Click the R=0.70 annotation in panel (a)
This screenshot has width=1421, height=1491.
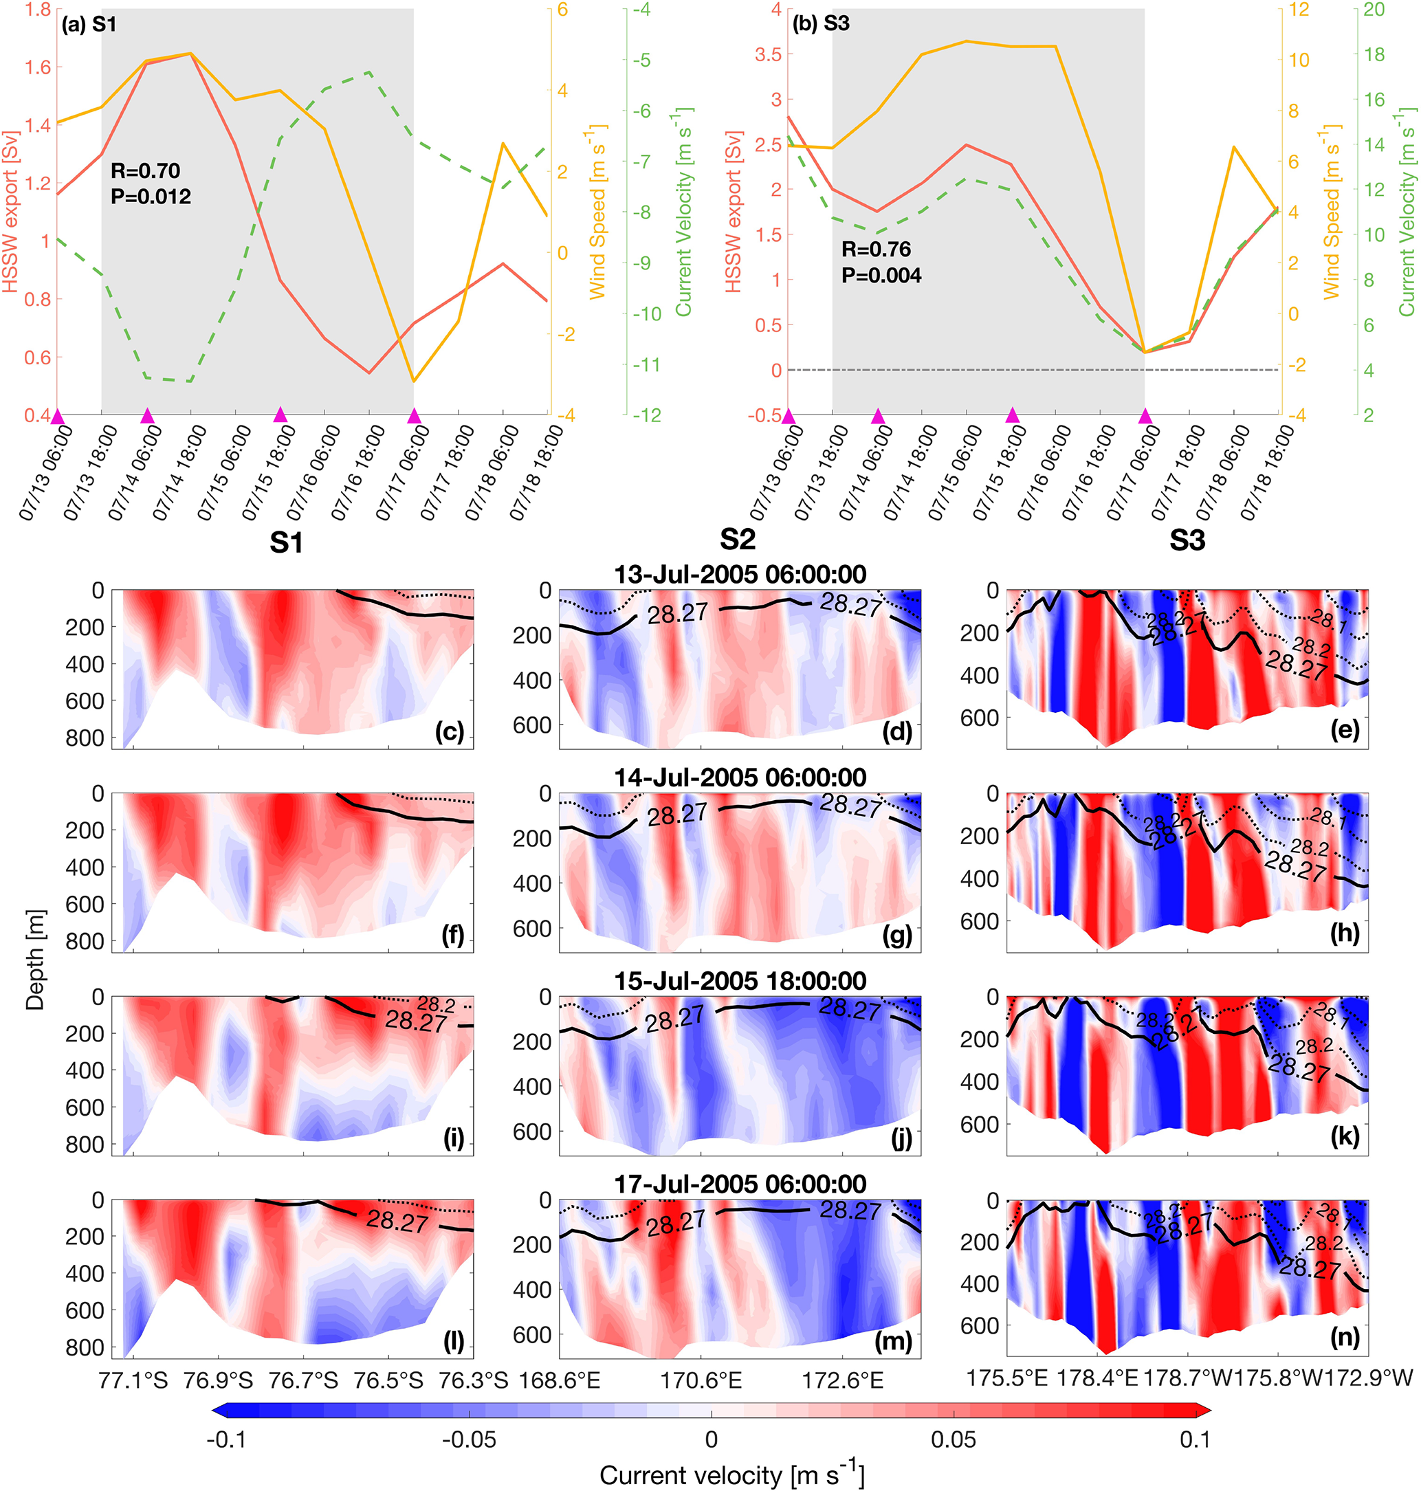(146, 170)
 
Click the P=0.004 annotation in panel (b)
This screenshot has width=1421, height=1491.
(881, 276)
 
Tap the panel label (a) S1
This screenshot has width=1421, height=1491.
(89, 24)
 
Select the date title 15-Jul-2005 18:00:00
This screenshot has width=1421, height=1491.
(739, 982)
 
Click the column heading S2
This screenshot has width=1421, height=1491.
(737, 539)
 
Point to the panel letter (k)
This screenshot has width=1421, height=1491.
(1345, 1136)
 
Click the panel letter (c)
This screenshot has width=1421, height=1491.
(449, 731)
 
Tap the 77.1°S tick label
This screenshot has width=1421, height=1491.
(133, 1380)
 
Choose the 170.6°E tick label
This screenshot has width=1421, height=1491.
(700, 1380)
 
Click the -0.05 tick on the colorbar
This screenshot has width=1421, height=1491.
(469, 1439)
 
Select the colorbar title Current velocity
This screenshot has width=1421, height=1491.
(731, 1475)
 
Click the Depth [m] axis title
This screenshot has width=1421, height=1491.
(35, 960)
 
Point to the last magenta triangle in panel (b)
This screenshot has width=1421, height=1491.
(1145, 416)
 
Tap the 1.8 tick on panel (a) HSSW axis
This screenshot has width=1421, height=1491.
(38, 10)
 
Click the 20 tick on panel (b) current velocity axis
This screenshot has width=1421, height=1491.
(1374, 10)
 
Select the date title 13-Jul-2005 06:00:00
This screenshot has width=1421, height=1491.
(739, 575)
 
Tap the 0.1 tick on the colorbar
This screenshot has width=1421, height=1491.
(1195, 1439)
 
